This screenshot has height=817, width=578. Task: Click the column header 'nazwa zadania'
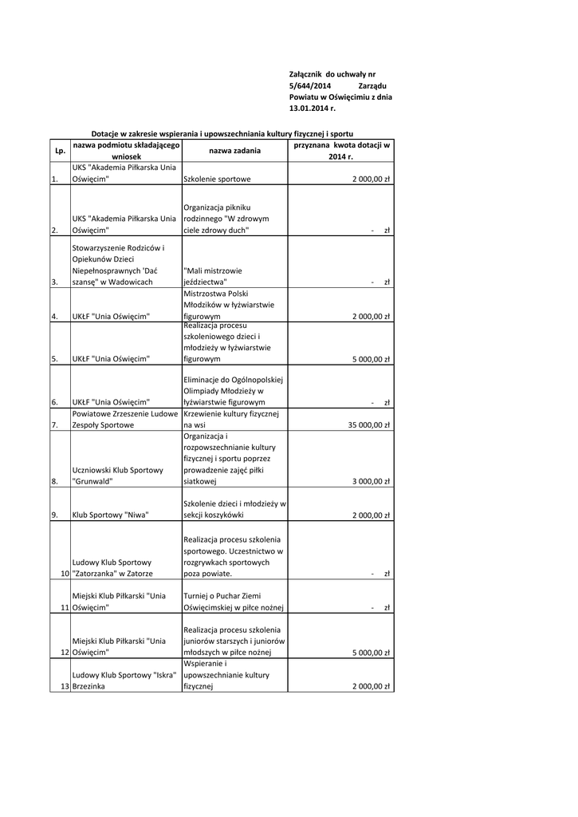click(x=235, y=151)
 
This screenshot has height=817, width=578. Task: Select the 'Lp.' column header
click(x=60, y=151)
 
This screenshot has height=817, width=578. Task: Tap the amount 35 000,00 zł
click(x=368, y=425)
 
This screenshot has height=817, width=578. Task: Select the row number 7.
click(x=54, y=425)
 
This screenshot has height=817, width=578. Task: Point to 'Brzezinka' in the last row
click(x=89, y=686)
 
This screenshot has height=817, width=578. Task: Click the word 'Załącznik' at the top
click(x=306, y=73)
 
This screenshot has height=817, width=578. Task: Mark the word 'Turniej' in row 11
click(x=196, y=596)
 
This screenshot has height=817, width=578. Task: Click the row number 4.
click(x=54, y=317)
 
